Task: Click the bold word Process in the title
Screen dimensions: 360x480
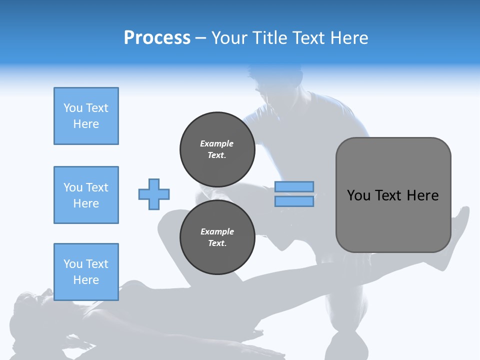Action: click(157, 38)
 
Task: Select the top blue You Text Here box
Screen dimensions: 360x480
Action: click(86, 116)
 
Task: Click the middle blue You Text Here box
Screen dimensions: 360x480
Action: click(86, 195)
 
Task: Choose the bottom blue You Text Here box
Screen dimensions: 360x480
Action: click(86, 272)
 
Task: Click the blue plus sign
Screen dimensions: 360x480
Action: click(154, 194)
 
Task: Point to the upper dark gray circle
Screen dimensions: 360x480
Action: click(217, 149)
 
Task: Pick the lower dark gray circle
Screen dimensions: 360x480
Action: click(217, 237)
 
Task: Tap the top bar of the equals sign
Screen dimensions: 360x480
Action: click(294, 187)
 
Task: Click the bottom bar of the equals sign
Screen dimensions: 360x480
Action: click(294, 201)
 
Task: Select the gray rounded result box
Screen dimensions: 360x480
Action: click(393, 195)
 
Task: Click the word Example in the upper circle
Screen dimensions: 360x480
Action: click(216, 143)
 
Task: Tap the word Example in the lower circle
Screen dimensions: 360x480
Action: click(217, 231)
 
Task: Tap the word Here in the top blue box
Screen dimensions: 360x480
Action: click(86, 124)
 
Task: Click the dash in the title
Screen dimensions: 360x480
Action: click(201, 38)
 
